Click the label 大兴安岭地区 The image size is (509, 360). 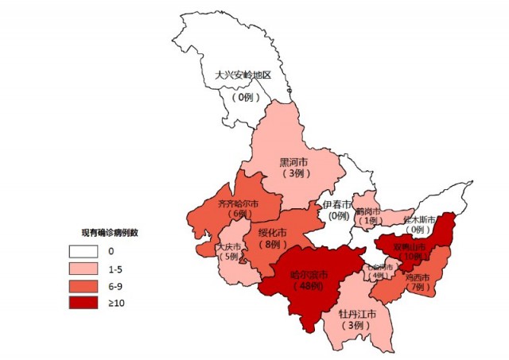[x=243, y=75]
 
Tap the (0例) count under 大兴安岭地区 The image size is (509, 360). [x=243, y=96]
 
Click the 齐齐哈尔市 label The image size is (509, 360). [x=238, y=204]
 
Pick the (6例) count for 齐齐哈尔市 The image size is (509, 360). [x=238, y=215]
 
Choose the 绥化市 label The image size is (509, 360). [x=273, y=233]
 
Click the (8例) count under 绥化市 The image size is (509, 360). [x=273, y=245]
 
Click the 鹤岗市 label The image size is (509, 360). [x=367, y=211]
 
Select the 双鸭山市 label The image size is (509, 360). [x=411, y=246]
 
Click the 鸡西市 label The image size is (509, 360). [x=417, y=278]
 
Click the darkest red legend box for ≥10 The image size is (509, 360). [x=81, y=303]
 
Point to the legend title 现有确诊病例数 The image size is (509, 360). [x=110, y=233]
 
